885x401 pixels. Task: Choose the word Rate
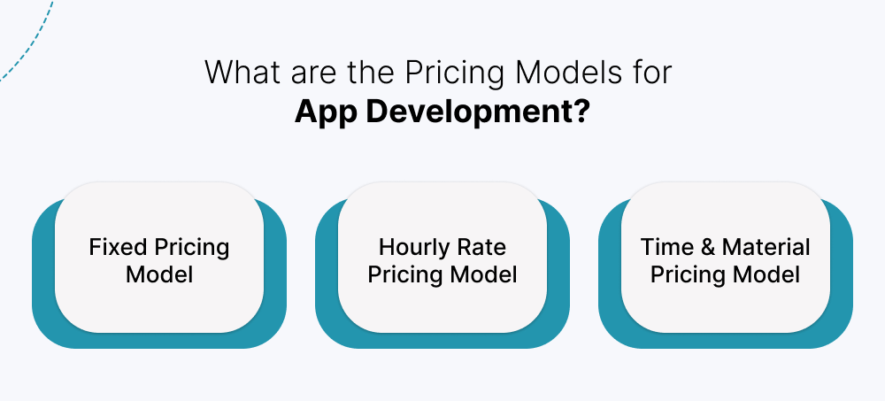pos(486,246)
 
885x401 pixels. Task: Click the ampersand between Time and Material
pos(709,246)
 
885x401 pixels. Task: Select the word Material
pos(766,246)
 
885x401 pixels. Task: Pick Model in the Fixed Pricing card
pos(159,274)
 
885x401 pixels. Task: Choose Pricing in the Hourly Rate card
pos(404,274)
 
